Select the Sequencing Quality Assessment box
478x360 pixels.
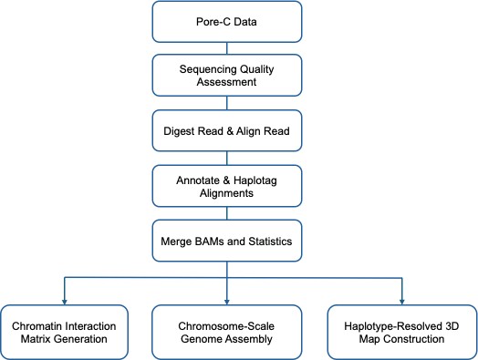(x=238, y=72)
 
